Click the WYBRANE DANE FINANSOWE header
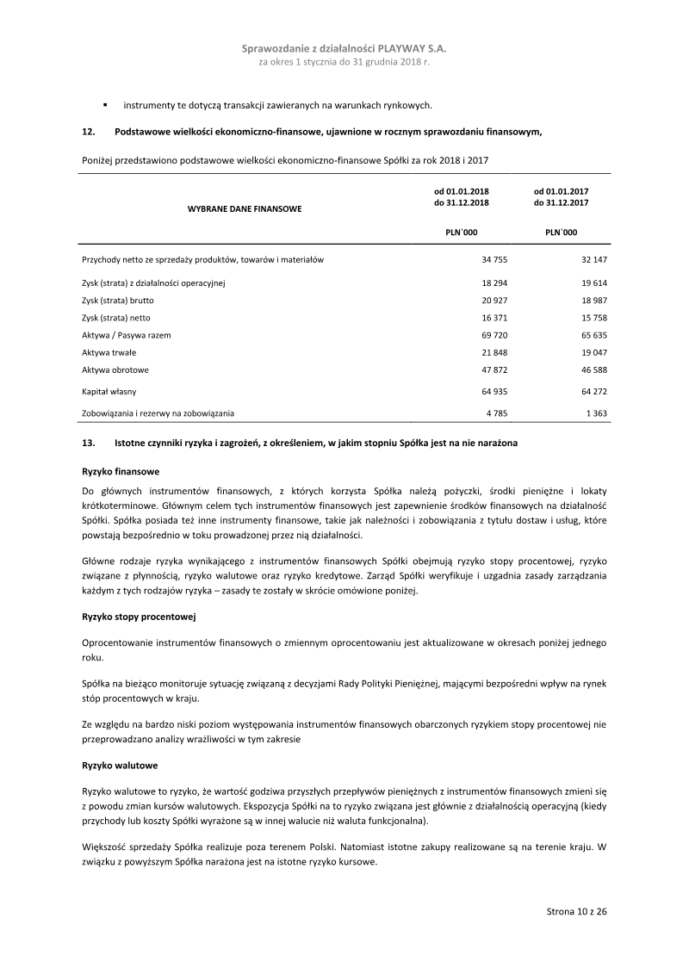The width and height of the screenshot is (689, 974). click(244, 208)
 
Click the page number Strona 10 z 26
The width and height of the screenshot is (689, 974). click(577, 910)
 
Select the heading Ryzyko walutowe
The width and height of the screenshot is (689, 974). click(119, 765)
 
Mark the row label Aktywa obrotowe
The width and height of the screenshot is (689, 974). click(115, 370)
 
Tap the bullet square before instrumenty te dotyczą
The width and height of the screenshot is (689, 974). click(105, 105)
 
